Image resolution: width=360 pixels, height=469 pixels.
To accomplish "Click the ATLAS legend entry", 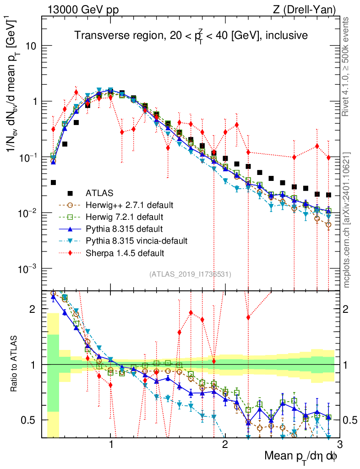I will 100,192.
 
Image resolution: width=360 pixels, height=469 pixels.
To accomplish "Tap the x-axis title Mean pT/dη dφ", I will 301,456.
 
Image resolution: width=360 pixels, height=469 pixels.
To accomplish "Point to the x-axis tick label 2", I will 225,444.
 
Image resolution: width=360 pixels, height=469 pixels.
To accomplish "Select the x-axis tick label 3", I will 339,444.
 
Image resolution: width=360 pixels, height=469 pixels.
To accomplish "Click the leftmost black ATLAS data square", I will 53,182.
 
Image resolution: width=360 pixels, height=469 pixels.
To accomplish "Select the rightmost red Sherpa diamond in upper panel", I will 328,158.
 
